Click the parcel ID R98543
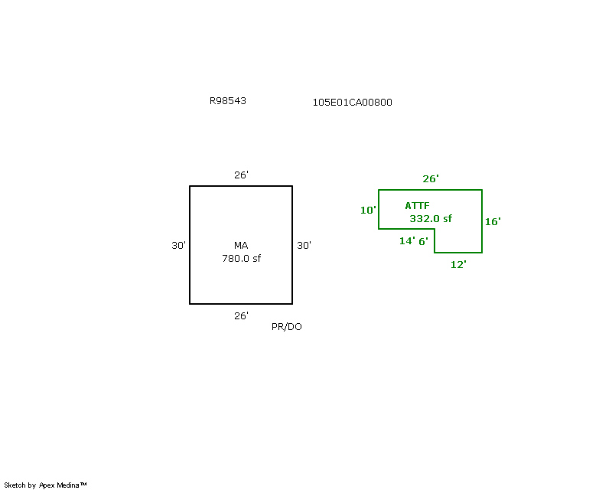(228, 101)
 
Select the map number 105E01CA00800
(353, 103)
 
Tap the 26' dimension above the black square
(241, 175)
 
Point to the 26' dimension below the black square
(241, 315)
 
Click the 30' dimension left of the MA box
(179, 246)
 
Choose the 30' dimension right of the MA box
(304, 246)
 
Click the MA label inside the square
(241, 246)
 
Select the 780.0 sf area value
(242, 258)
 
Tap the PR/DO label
(287, 327)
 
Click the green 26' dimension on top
(431, 178)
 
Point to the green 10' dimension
(368, 210)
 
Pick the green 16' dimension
(493, 221)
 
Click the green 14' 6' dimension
(414, 241)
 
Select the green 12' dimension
(458, 265)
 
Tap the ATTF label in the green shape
(417, 205)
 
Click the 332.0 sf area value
(431, 218)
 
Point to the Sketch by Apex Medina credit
(45, 485)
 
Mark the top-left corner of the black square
(190, 186)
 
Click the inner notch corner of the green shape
(435, 229)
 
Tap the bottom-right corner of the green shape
(482, 253)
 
